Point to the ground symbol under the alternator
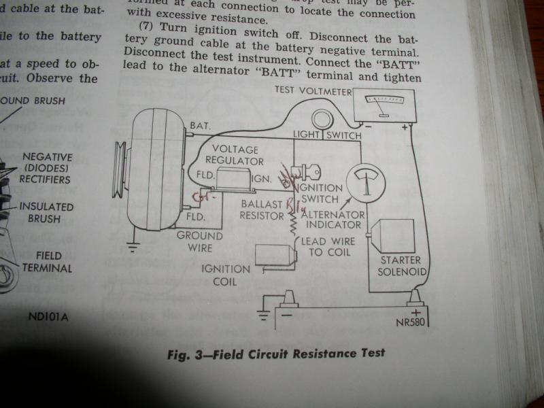click(x=134, y=247)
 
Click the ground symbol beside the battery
click(x=265, y=314)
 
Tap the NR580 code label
click(x=411, y=322)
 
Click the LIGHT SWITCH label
click(x=326, y=135)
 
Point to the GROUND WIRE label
click(x=199, y=241)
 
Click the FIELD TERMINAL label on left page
click(x=53, y=262)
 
